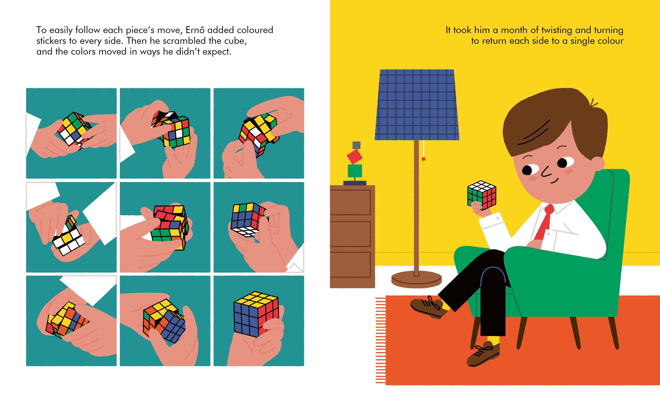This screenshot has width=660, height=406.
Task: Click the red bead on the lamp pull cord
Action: (x=424, y=159)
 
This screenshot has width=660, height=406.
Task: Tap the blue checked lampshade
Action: (x=417, y=105)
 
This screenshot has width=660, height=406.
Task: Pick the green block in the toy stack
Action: (x=355, y=171)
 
